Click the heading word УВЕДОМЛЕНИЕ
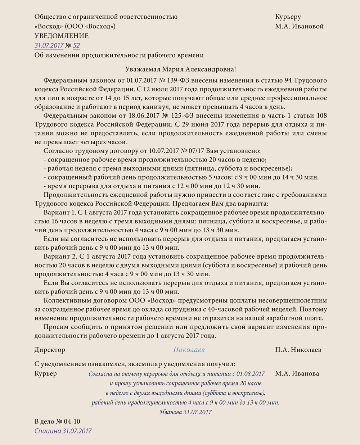(x=61, y=36)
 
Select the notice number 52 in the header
(x=76, y=45)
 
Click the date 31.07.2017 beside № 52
(x=49, y=45)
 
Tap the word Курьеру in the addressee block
(x=288, y=17)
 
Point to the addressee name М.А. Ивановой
(x=299, y=26)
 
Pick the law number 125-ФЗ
(x=190, y=116)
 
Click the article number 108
(x=321, y=116)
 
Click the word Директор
(x=50, y=350)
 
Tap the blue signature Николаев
(x=189, y=350)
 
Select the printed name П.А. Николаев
(x=298, y=350)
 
